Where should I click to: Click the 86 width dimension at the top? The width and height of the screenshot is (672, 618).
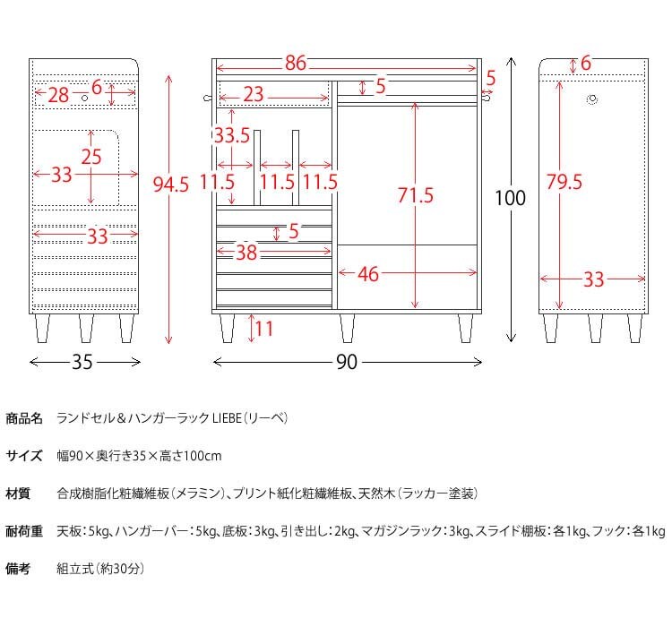(x=297, y=64)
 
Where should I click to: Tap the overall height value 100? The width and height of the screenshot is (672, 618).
(x=511, y=199)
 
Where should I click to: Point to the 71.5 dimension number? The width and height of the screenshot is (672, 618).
(x=416, y=195)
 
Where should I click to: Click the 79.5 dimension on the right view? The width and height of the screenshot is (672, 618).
(x=564, y=182)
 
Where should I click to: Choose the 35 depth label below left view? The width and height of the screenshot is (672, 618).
(x=82, y=363)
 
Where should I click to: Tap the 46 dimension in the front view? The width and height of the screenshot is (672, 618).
(x=368, y=274)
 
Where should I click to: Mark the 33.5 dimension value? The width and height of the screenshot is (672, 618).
(x=231, y=136)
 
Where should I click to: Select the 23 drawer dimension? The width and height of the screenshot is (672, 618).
(x=254, y=94)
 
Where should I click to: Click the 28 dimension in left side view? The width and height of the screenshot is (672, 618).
(x=58, y=94)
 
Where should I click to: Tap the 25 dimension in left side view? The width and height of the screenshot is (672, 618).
(x=91, y=157)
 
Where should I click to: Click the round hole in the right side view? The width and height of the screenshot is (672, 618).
(x=592, y=100)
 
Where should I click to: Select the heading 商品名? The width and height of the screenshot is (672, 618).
(x=24, y=418)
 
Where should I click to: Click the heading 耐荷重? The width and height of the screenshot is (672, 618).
(x=24, y=531)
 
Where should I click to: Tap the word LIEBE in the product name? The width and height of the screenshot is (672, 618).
(x=229, y=418)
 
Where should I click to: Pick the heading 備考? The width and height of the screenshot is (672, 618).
(x=18, y=569)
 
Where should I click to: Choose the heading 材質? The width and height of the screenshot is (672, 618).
(x=18, y=494)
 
